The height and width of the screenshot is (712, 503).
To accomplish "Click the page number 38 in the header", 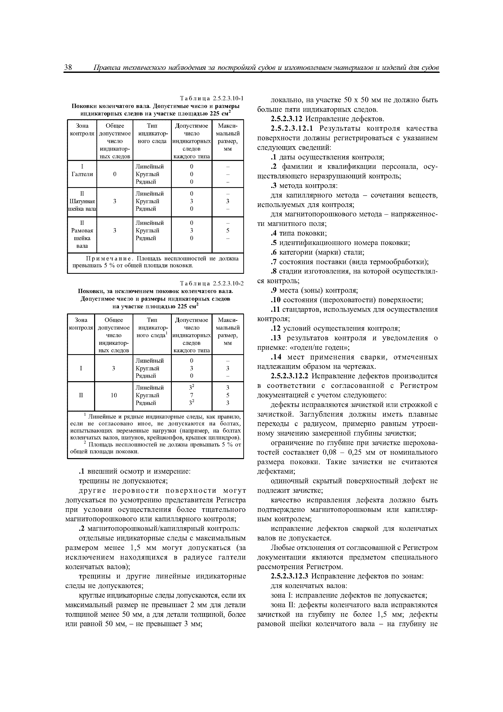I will pyautogui.click(x=68, y=67).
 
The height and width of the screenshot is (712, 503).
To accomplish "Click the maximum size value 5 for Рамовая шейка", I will pyautogui.click(x=228, y=230).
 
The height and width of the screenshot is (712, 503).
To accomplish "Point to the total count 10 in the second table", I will pyautogui.click(x=114, y=395).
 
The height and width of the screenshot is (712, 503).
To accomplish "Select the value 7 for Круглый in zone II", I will pyautogui.click(x=191, y=395).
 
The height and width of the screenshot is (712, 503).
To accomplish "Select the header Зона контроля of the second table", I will pyautogui.click(x=81, y=324).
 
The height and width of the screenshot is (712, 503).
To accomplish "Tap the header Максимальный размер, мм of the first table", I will pyautogui.click(x=228, y=137).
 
